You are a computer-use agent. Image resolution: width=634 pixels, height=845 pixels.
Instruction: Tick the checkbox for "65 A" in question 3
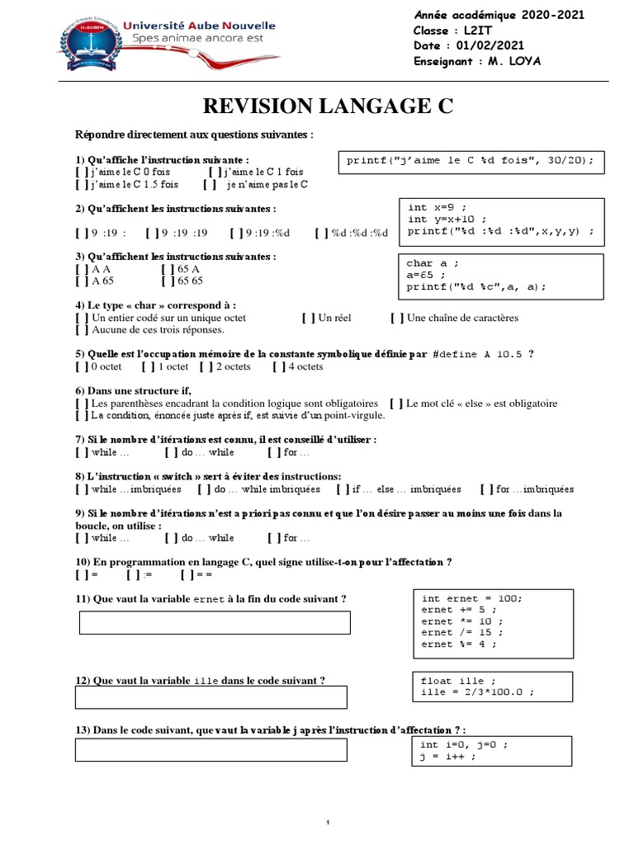[168, 269]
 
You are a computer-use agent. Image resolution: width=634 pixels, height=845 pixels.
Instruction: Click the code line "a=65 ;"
[427, 275]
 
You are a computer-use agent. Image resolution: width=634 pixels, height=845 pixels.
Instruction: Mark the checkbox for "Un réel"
[308, 318]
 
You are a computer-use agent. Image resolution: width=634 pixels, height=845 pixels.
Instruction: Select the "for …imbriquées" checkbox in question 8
[487, 489]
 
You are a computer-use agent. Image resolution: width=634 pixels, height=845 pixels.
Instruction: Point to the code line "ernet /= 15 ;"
[460, 632]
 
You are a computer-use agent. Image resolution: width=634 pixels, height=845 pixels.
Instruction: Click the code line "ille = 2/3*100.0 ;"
[477, 692]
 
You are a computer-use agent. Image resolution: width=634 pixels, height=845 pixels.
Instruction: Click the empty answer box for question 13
[211, 749]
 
